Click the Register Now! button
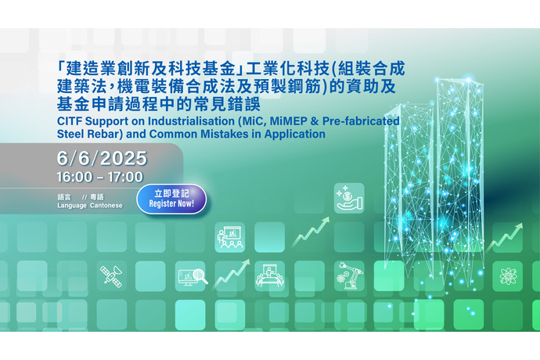(171, 199)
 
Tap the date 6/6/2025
(102, 158)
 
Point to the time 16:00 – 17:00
(100, 177)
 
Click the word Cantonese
(106, 205)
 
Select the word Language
(72, 206)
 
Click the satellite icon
(111, 276)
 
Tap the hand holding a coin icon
(349, 198)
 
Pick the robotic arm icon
(349, 275)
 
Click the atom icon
(507, 276)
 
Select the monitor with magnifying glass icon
(193, 276)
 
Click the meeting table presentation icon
(270, 275)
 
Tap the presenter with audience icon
(230, 237)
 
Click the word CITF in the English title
(70, 121)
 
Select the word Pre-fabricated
(361, 121)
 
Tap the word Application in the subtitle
(295, 135)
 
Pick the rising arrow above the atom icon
(505, 237)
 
